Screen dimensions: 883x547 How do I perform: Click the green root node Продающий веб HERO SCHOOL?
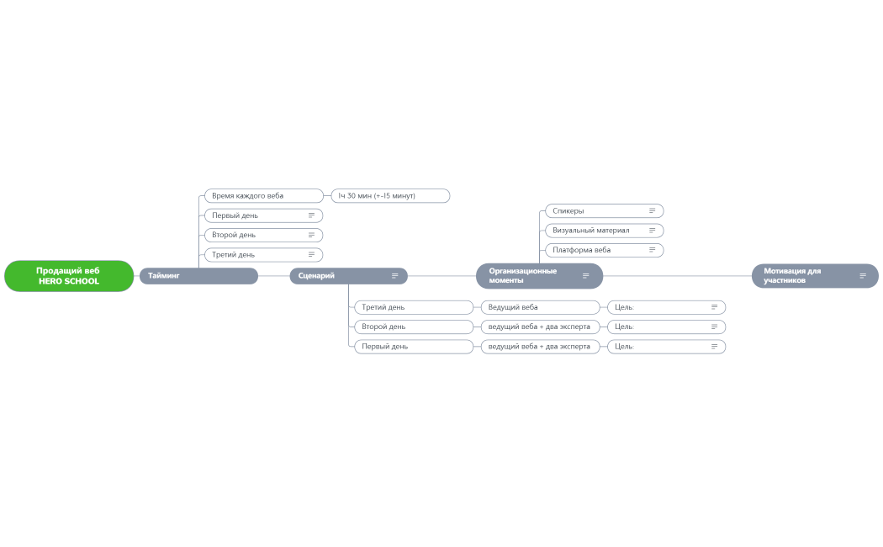coord(69,276)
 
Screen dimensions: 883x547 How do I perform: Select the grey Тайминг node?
coord(198,276)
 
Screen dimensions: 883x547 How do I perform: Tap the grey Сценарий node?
coord(349,276)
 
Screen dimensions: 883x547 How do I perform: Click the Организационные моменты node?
coord(540,276)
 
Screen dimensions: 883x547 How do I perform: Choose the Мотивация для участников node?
coord(815,276)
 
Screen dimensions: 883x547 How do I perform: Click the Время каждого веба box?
coord(263,196)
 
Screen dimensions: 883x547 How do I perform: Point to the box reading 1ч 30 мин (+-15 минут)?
coord(390,196)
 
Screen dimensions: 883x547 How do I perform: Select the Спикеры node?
coord(605,211)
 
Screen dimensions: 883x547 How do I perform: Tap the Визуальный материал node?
coord(605,231)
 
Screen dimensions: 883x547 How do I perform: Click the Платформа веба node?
coord(605,250)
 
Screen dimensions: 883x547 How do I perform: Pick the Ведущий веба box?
coord(540,307)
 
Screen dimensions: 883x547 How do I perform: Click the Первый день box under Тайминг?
coord(263,215)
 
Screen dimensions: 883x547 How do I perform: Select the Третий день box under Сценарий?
coord(414,307)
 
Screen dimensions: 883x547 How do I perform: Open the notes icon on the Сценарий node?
coord(394,276)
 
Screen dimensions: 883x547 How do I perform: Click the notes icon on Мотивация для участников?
coord(863,276)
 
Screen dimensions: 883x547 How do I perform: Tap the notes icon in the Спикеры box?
coord(652,211)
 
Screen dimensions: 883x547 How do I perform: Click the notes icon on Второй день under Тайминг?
coord(311,235)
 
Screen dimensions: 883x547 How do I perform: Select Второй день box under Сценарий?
coord(414,327)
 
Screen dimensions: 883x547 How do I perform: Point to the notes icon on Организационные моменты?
coord(585,276)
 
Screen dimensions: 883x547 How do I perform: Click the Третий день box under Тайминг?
coord(263,255)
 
